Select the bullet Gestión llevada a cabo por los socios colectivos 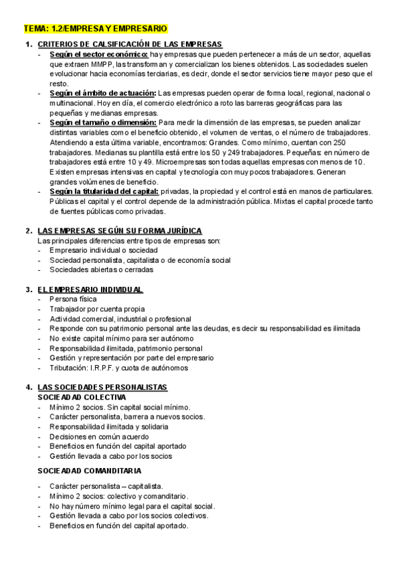tap(129, 516)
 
